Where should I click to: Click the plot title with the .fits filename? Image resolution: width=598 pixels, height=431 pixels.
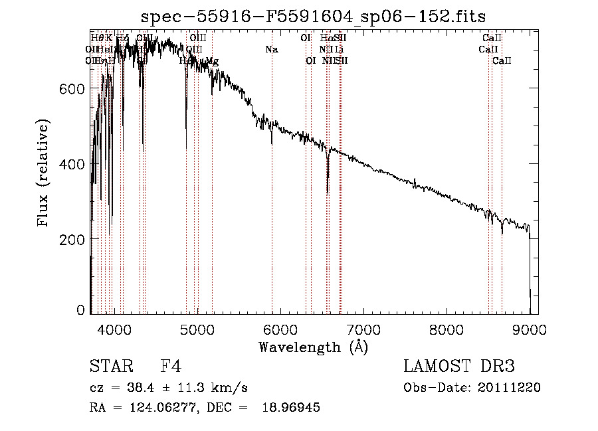tap(314, 17)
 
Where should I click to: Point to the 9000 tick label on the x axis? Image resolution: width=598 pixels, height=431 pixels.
tap(530, 329)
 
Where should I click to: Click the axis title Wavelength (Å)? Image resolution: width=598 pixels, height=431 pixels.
tap(314, 347)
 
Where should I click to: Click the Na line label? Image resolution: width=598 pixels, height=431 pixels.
tap(271, 49)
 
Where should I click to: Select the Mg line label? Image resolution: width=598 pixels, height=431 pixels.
tap(212, 61)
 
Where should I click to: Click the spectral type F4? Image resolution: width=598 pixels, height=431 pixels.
tap(171, 367)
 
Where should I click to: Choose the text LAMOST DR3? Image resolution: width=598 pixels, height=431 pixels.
tap(459, 367)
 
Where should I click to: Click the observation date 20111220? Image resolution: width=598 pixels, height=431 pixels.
tap(512, 387)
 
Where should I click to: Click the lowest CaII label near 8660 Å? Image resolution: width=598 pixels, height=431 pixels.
tap(502, 61)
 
